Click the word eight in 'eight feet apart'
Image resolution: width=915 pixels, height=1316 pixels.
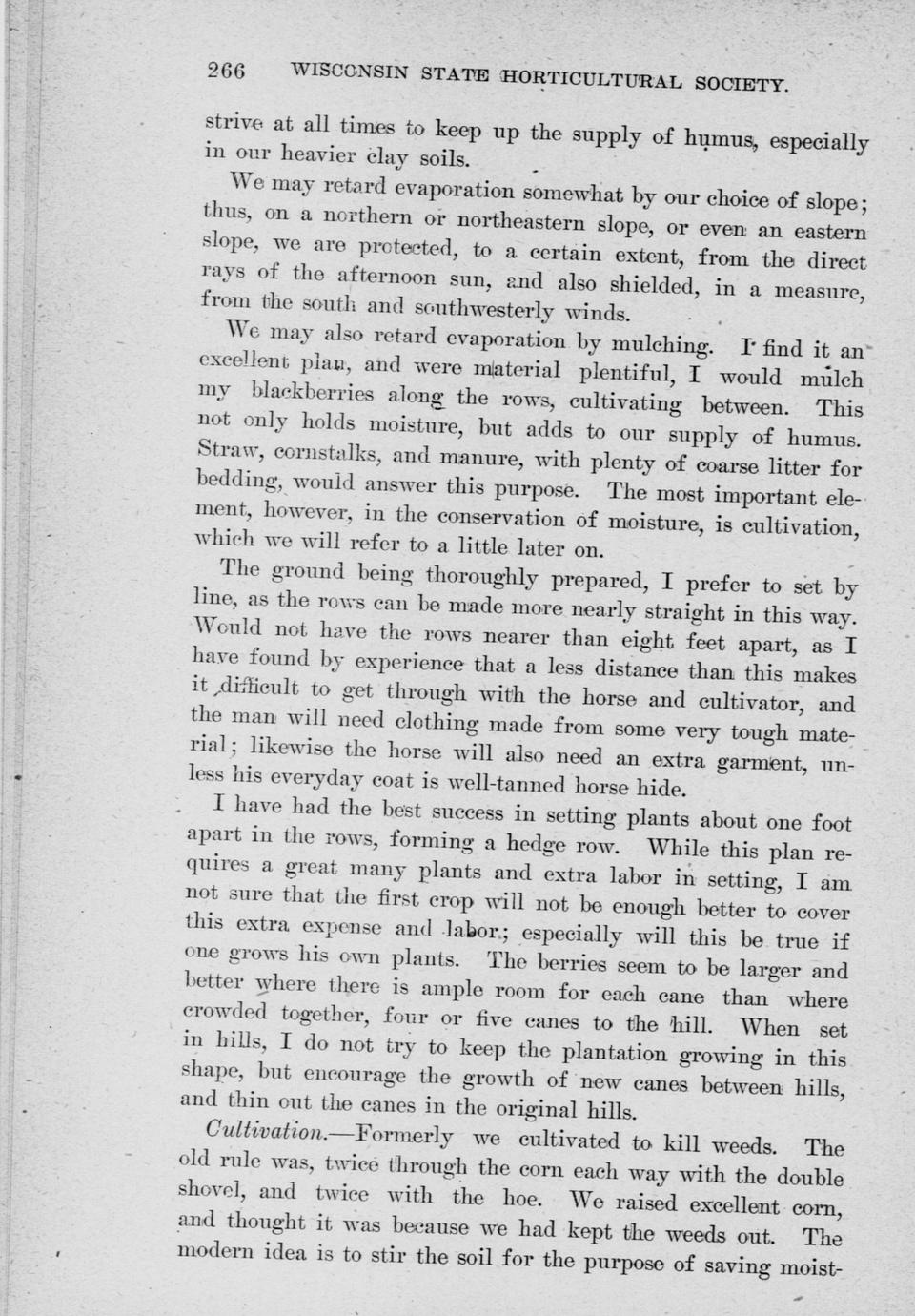click(x=644, y=640)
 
